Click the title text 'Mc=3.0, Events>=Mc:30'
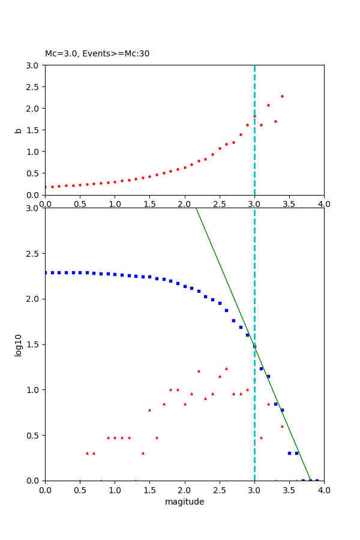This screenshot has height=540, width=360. coord(97,53)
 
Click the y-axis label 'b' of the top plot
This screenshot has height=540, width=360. coord(19,130)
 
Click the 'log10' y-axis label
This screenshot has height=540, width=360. coord(19,344)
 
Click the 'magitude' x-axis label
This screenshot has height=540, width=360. coord(184,502)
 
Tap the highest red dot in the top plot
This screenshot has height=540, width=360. coord(282,96)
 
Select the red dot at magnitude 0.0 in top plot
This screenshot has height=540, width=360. coord(46,187)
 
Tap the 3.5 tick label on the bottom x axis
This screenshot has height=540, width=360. coord(289,490)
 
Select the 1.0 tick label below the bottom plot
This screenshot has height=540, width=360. coord(115,490)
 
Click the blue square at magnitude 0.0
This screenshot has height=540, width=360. coord(46,272)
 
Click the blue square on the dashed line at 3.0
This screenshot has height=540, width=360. coord(254,346)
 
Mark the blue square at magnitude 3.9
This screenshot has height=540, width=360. coord(317,480)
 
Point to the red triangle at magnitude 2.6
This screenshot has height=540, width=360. coord(226,368)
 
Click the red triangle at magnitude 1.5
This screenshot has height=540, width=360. coord(149,410)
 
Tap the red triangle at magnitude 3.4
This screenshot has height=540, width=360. coord(282,426)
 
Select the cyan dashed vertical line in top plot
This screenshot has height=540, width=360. coord(254,150)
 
